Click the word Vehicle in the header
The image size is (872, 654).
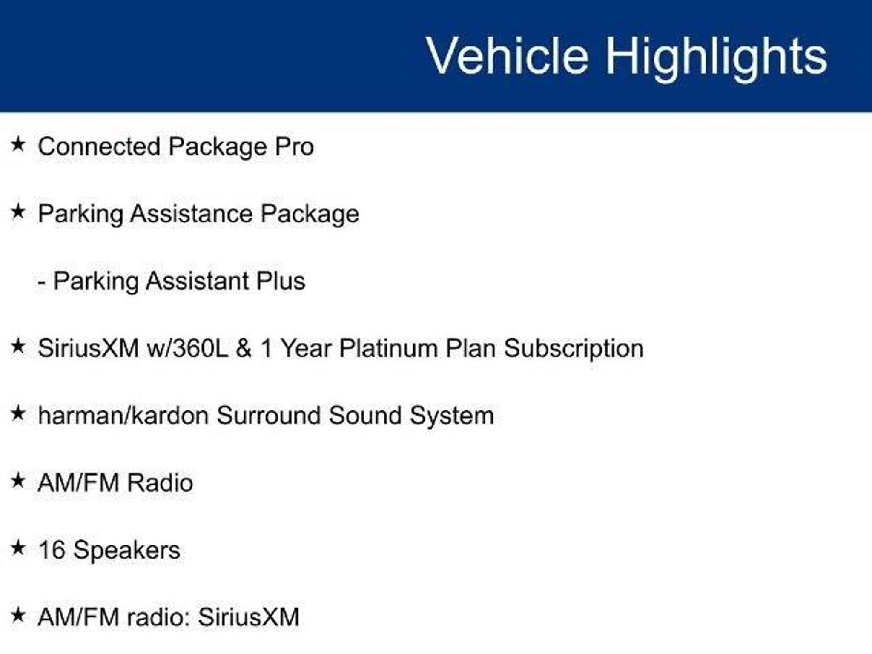507,55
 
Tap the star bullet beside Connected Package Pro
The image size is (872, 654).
18,144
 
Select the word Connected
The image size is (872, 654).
99,146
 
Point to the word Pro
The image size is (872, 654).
294,146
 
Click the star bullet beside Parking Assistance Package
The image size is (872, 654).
18,211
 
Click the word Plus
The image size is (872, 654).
281,281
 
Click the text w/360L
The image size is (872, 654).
187,348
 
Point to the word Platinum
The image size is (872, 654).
388,348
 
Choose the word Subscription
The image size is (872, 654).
574,349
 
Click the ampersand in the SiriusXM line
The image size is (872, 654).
244,348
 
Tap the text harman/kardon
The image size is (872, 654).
123,415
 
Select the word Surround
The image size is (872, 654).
269,415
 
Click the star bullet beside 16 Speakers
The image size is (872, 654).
18,548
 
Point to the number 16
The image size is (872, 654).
52,550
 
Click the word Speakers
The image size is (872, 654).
127,551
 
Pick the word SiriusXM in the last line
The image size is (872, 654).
249,617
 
